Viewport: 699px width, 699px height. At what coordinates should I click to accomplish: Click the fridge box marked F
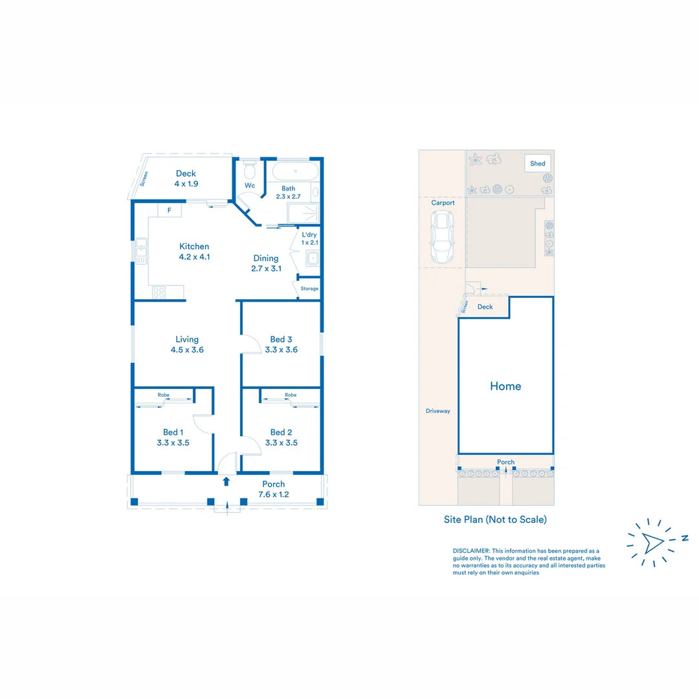tap(170, 210)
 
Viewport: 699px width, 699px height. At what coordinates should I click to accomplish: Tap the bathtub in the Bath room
tap(295, 172)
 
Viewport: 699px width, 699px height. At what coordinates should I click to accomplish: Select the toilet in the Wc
tap(250, 172)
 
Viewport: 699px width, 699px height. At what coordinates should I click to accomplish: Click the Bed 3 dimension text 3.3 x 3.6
tap(281, 350)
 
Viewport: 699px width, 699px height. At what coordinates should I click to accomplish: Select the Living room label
tap(187, 339)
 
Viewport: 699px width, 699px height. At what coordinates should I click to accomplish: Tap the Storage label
tap(309, 289)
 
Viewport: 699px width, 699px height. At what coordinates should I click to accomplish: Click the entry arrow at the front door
tap(226, 481)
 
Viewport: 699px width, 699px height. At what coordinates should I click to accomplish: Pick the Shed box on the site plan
tap(538, 164)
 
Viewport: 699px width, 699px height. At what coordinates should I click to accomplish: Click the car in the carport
tap(441, 238)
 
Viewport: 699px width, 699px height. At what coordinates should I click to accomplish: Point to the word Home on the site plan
tap(505, 386)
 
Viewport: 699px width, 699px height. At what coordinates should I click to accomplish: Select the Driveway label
tap(438, 411)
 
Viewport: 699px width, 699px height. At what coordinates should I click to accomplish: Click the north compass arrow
tap(652, 540)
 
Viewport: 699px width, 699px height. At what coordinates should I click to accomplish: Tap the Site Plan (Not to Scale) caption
tap(495, 519)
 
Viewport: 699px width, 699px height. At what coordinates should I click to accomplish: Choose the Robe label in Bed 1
tap(164, 395)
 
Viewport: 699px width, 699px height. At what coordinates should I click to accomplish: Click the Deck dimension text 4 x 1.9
tap(186, 184)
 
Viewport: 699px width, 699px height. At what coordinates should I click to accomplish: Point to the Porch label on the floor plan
tap(273, 484)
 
